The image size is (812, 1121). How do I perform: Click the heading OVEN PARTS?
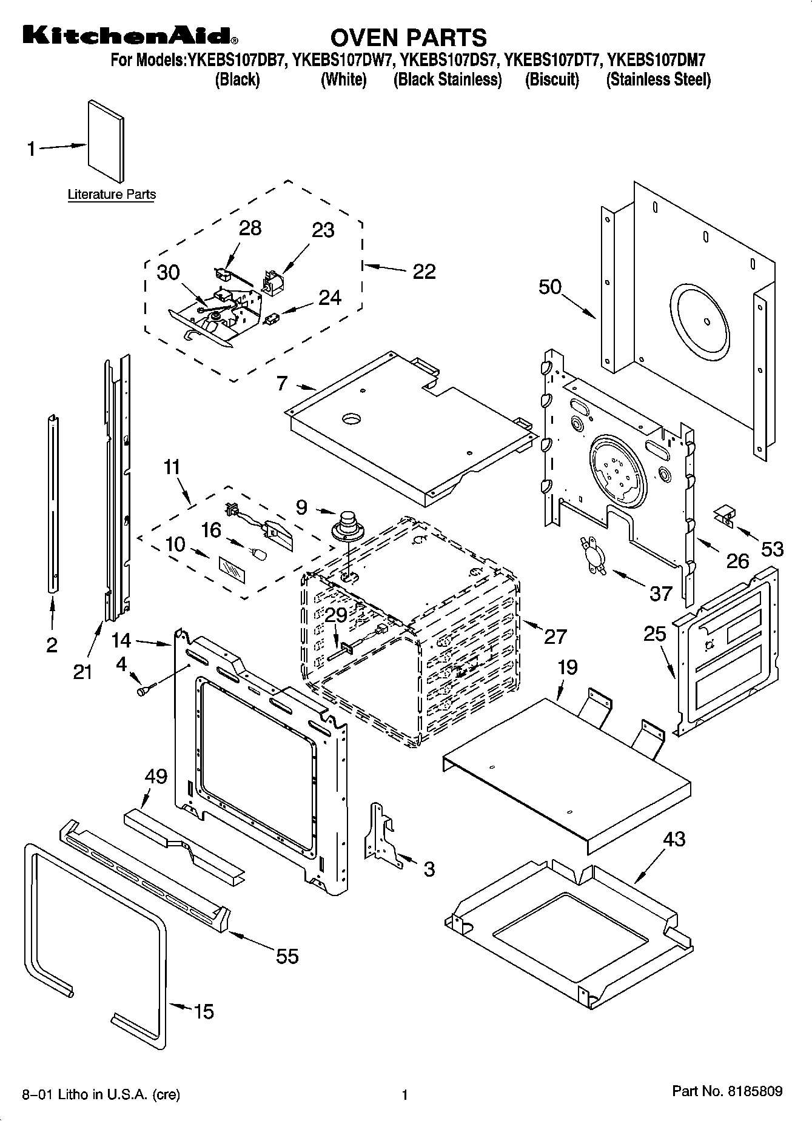pyautogui.click(x=408, y=38)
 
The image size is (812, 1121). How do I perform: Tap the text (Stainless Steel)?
pyautogui.click(x=658, y=80)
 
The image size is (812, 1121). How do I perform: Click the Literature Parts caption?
pyautogui.click(x=112, y=195)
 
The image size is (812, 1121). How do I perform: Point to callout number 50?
pyautogui.click(x=550, y=286)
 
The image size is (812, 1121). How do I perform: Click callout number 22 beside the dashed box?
pyautogui.click(x=424, y=271)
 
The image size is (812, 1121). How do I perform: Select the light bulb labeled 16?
pyautogui.click(x=259, y=554)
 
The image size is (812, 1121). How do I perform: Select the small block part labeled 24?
pyautogui.click(x=272, y=318)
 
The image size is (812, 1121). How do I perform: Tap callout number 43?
pyautogui.click(x=674, y=840)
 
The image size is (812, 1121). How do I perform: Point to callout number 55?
pyautogui.click(x=287, y=956)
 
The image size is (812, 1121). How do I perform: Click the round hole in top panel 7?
pyautogui.click(x=351, y=418)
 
